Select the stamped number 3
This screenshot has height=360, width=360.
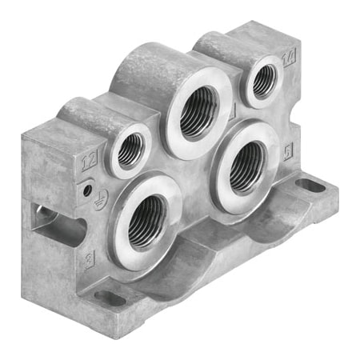pos(89,257)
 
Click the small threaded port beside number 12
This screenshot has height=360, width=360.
pos(130,150)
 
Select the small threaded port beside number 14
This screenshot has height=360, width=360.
pos(261,79)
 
